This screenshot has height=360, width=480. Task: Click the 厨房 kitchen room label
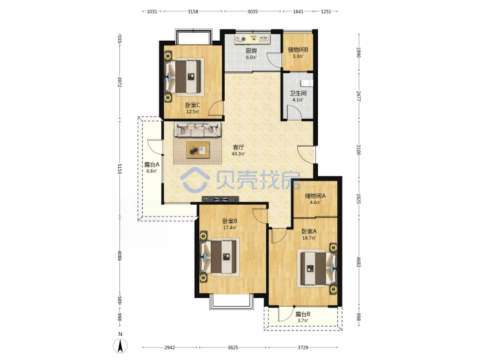[x=251, y=51]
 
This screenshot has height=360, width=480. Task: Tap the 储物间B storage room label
[x=298, y=49]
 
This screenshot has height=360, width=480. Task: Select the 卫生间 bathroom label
[x=298, y=93]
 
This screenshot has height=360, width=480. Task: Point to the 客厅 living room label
[x=238, y=147]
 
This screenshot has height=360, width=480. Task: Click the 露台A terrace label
[x=152, y=165]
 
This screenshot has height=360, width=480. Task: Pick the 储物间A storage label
[x=315, y=195]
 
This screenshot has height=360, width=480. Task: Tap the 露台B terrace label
[x=303, y=314]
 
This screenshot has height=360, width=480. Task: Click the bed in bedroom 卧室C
[x=184, y=77]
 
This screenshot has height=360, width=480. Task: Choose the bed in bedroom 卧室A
[x=317, y=269]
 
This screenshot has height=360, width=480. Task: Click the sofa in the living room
[x=197, y=130]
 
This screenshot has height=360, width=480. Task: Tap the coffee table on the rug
[x=198, y=150]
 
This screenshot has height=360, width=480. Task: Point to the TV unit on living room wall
[x=221, y=199]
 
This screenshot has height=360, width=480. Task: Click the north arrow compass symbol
[x=120, y=346]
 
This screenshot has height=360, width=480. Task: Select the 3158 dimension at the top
[x=193, y=11]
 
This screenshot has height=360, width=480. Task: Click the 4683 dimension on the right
[x=359, y=261]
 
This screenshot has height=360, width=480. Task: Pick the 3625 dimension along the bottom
[x=233, y=347]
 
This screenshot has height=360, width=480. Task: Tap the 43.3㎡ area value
[x=238, y=154]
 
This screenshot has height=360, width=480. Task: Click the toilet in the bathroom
[x=307, y=83]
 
